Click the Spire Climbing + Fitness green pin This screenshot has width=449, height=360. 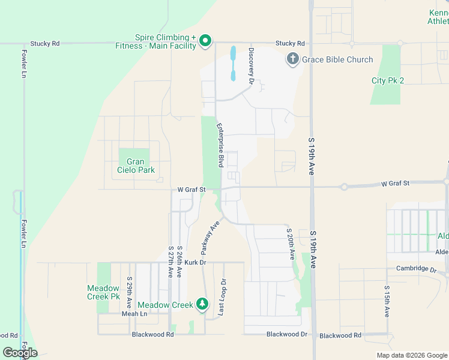click(x=205, y=41)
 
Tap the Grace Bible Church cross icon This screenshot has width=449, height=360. click(x=292, y=59)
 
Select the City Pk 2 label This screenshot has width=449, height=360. click(x=388, y=80)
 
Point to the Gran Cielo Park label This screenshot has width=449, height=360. click(x=136, y=166)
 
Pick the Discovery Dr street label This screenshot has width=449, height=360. click(x=252, y=65)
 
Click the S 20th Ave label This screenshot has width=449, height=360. click(x=291, y=244)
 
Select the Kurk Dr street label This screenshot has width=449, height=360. click(x=195, y=263)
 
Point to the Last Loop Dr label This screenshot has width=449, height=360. click(x=223, y=296)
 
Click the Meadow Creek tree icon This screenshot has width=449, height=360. click(x=203, y=305)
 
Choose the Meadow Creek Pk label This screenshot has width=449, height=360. click(x=103, y=292)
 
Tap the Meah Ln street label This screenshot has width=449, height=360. click(x=134, y=314)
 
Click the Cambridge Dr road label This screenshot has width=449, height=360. click(x=416, y=269)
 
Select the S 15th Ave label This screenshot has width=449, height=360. click(x=387, y=301)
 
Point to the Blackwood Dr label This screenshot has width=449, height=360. click(x=286, y=334)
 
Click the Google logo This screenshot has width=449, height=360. click(x=20, y=353)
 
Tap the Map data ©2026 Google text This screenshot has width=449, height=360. click(x=411, y=355)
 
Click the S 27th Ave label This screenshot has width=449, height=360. click(x=170, y=262)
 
